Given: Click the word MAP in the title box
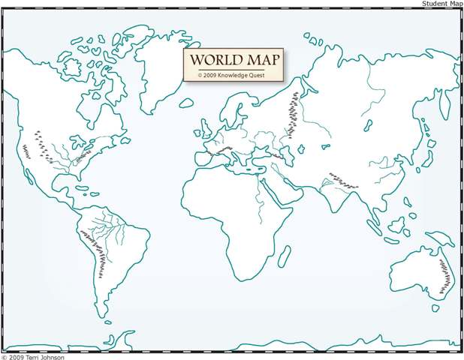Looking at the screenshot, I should pos(260,60).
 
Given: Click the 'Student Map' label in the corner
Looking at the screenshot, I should pos(442,4).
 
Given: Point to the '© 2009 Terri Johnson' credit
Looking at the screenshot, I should pos(33,356).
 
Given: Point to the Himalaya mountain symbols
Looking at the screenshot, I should pos(342,180).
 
